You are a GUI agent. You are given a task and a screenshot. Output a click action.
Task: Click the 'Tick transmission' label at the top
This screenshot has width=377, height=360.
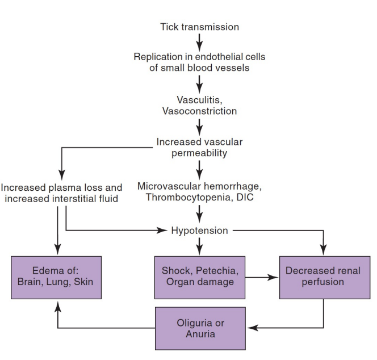click(x=199, y=27)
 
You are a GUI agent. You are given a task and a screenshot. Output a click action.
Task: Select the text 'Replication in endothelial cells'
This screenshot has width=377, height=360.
click(x=199, y=57)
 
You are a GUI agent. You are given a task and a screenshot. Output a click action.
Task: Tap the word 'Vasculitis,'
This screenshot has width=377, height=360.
click(x=199, y=100)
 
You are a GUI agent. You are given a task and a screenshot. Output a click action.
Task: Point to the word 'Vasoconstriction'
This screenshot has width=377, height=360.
click(x=199, y=111)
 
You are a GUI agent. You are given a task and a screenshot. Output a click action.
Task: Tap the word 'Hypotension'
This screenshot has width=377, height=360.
click(x=199, y=231)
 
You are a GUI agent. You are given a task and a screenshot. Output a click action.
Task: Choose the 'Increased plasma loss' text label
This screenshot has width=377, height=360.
click(x=61, y=187)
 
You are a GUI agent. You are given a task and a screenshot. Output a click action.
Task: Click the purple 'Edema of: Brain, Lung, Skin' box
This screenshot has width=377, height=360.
click(x=56, y=277)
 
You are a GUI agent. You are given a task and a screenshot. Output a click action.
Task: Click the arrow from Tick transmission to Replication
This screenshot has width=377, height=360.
click(x=199, y=41)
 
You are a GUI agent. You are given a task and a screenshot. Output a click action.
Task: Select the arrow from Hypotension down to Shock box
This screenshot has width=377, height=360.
click(x=199, y=245)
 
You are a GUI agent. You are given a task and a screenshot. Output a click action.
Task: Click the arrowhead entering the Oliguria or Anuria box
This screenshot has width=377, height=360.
click(x=252, y=328)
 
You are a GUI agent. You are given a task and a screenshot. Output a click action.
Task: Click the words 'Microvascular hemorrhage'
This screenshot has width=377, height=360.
click(x=199, y=187)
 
